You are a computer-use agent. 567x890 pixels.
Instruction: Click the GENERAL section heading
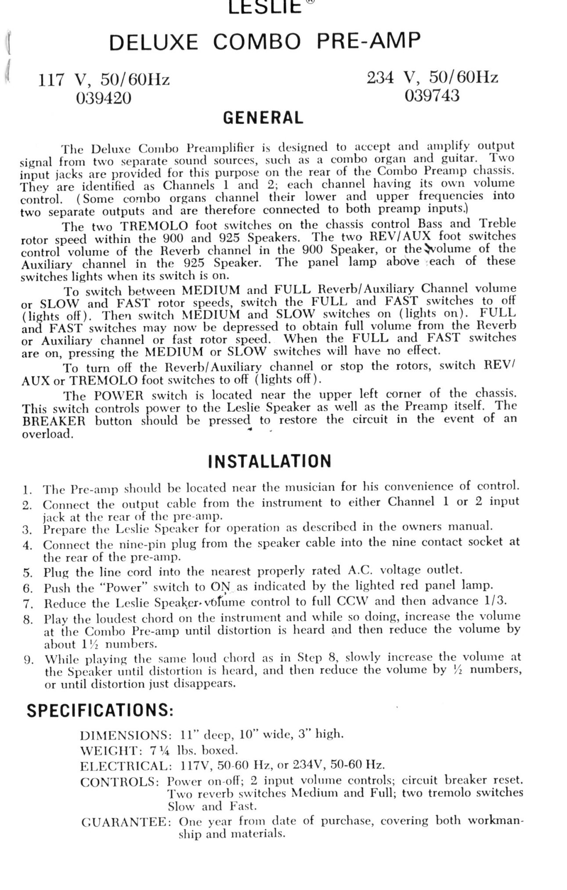[x=263, y=118]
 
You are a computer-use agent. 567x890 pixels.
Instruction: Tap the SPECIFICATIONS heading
[x=100, y=710]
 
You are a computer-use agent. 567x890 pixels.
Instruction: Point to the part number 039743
[x=432, y=95]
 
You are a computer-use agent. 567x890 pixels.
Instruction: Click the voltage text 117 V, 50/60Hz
[x=104, y=80]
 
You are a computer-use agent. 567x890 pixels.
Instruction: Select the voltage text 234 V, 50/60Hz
[x=432, y=78]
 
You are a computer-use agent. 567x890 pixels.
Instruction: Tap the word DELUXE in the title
[x=153, y=43]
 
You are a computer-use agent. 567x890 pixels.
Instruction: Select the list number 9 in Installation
[x=27, y=659]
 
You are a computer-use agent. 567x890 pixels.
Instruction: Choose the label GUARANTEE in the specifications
[x=127, y=822]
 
